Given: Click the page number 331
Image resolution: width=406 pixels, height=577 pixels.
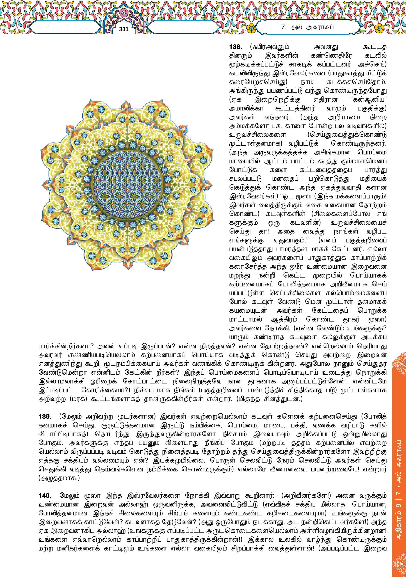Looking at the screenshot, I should click(124, 29).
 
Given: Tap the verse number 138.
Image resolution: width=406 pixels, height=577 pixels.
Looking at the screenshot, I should click(235, 47).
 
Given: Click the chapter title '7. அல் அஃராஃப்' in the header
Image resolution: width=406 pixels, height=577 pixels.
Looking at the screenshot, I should click(307, 27).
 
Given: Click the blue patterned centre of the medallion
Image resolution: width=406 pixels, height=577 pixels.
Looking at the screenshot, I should click(127, 185).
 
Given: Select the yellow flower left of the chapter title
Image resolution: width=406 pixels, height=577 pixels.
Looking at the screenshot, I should click(251, 28).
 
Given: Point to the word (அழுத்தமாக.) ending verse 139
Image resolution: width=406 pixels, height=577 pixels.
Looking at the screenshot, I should click(59, 478).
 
